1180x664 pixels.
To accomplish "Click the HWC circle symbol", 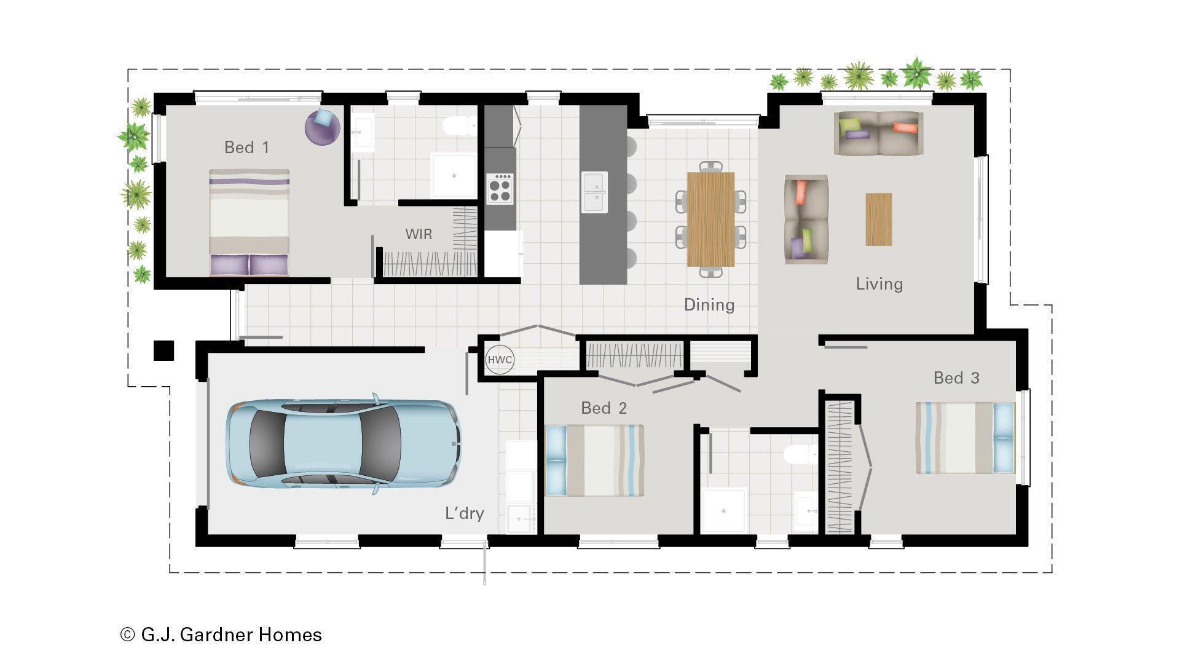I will coord(499,360).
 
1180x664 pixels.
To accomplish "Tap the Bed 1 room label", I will coord(246,148).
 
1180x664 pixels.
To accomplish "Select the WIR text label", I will coord(419,234).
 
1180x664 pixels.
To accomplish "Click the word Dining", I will coord(709,305).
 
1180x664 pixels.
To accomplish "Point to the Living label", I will coord(879,284).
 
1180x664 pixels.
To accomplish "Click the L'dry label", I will coord(465,513).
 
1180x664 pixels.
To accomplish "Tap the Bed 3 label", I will coord(956,378).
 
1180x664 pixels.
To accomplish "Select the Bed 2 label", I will coord(604,408).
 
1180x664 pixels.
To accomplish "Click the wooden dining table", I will coord(710,219).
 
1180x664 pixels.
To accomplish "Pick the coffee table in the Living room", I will coord(879,219).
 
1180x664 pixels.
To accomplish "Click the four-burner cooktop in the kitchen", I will coord(500,189).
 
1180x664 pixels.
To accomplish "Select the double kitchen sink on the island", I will coord(594,192).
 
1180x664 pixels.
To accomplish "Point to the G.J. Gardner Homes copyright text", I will coord(221,634).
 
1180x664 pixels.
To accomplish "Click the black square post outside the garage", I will coord(163,350).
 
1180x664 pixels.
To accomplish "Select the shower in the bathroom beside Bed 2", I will coord(723,510).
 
